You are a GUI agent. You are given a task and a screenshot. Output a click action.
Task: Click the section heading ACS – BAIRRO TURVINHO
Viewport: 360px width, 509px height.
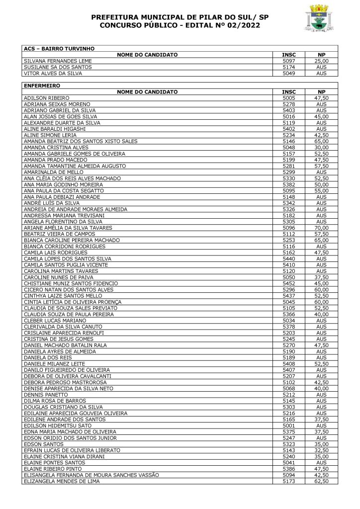(51, 48)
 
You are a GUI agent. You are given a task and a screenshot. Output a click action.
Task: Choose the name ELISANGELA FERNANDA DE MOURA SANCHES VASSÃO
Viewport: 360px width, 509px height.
(91, 475)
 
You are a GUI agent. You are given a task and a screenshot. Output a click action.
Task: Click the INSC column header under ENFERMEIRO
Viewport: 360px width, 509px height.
(289, 92)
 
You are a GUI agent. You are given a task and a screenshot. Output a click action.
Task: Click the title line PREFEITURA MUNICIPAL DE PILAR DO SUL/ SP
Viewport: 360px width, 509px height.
(180, 17)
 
